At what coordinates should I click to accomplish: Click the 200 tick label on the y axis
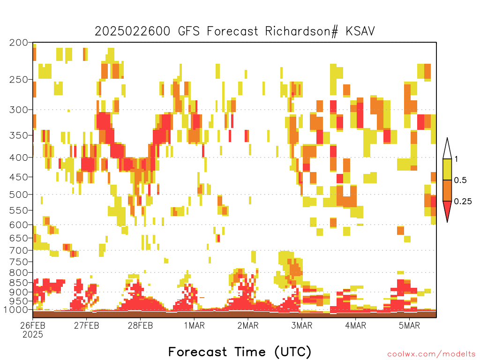point(18,43)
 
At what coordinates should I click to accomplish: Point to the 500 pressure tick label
point(18,195)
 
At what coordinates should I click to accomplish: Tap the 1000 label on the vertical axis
point(16,310)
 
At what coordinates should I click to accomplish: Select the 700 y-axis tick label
point(18,250)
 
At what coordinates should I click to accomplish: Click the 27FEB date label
point(87,325)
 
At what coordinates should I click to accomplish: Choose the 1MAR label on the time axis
point(195,325)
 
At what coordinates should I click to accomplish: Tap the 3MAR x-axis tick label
point(302,325)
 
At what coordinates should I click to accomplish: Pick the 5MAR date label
point(409,325)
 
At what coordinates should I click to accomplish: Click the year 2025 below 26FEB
point(33,334)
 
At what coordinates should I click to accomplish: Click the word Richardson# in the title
point(301,31)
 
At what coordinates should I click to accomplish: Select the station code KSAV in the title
point(360,31)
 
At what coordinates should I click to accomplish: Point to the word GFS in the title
point(189,31)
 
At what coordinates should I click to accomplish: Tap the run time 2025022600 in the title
point(132,31)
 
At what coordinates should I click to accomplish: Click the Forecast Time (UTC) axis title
point(240,352)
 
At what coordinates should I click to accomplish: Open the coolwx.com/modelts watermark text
point(432,354)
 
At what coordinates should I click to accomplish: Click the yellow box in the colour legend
point(447,169)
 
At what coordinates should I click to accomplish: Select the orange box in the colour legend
point(447,190)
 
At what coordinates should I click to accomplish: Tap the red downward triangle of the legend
point(447,209)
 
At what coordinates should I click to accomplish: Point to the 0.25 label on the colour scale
point(463,202)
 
